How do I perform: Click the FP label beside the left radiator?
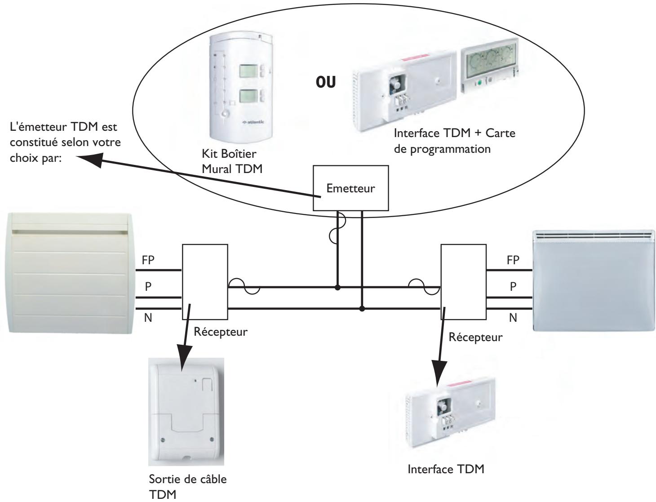pos(151,260)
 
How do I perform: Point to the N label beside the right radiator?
pos(513,318)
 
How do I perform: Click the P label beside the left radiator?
pos(148,288)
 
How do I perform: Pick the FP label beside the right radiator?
pos(512,260)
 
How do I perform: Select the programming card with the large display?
pos(489,60)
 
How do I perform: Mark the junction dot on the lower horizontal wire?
pos(362,309)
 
